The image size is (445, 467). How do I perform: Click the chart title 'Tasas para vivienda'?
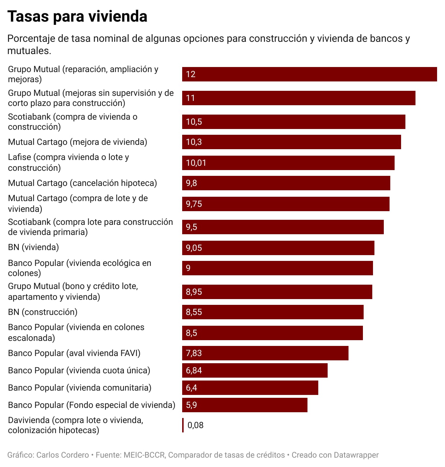(77, 17)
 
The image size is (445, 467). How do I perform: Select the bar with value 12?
(309, 74)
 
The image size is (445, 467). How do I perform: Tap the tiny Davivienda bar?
(183, 425)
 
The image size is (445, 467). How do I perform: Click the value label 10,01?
(196, 163)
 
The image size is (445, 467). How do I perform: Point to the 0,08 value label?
(195, 425)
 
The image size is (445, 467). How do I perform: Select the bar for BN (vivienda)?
(278, 248)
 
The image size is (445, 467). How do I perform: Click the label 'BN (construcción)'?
(42, 312)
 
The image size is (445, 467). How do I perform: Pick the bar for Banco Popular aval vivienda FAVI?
(265, 353)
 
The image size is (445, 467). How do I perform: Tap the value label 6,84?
(194, 370)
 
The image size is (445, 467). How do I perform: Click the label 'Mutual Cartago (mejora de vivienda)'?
(77, 142)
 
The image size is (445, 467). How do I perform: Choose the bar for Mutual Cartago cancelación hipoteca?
(286, 183)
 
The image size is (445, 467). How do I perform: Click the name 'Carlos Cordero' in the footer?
(63, 455)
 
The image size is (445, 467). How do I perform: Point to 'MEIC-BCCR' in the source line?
(144, 455)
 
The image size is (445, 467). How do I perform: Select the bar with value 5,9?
(244, 405)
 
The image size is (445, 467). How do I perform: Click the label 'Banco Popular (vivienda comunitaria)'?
(80, 388)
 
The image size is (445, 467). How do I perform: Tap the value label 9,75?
(194, 204)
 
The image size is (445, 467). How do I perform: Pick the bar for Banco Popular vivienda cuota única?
(255, 370)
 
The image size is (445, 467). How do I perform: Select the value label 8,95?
(194, 292)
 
